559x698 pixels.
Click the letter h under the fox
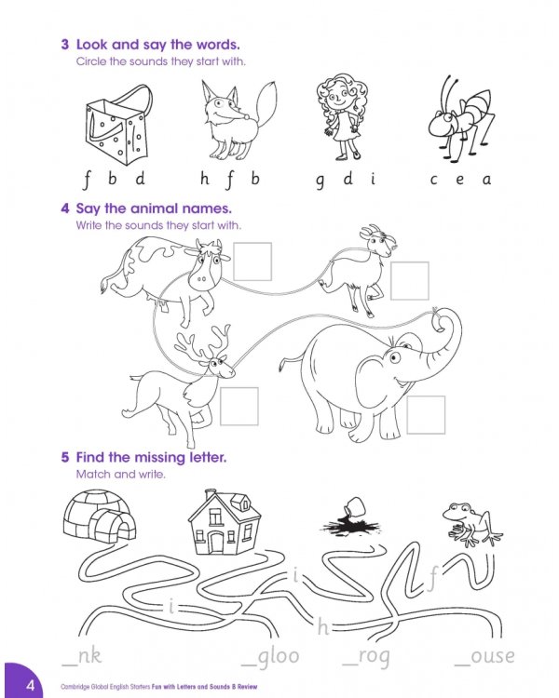[x=205, y=179]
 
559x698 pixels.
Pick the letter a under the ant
[x=485, y=180]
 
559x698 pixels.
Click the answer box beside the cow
[x=252, y=262]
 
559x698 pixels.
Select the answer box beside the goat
[x=410, y=280]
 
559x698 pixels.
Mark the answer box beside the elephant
[x=426, y=414]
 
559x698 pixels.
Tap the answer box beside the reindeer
[x=239, y=406]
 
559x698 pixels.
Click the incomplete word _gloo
[x=270, y=658]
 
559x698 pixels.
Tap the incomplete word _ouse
[x=484, y=658]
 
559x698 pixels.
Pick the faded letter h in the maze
[x=323, y=627]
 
